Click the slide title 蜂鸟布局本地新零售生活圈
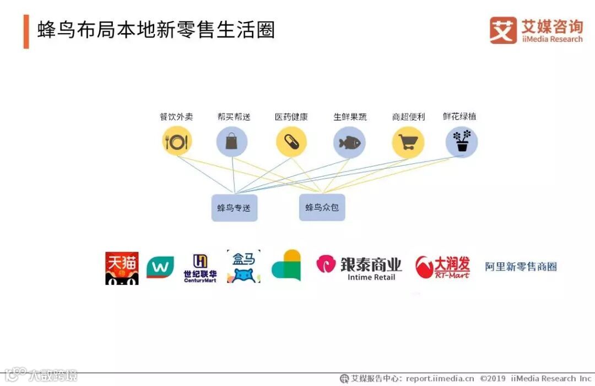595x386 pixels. (156, 30)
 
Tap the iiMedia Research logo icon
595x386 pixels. (503, 30)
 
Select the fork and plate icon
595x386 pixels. (177, 142)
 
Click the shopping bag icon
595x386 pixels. (232, 142)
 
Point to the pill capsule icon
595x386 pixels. (291, 142)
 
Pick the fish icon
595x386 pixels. (349, 142)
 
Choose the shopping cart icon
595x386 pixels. (408, 142)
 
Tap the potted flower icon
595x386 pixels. (462, 141)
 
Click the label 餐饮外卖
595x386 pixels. (176, 117)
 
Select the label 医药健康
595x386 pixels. (291, 117)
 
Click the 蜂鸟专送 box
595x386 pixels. (234, 208)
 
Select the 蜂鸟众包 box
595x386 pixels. (322, 207)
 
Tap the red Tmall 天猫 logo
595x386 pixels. (122, 268)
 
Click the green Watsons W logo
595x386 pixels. (160, 267)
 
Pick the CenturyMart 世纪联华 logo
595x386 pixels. (200, 268)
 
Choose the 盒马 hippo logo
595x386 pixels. (244, 267)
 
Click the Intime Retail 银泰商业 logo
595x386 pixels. (359, 268)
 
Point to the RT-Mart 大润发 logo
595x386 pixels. (442, 267)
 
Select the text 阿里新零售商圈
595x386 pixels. (521, 267)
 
